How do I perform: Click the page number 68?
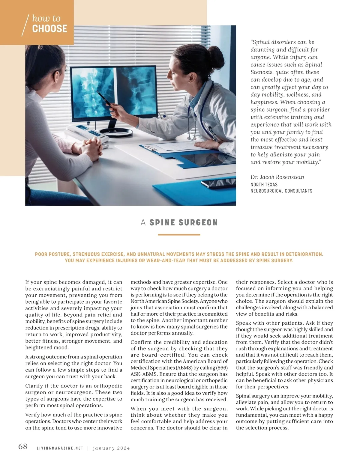(23, 447)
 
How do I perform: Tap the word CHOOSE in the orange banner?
(49, 29)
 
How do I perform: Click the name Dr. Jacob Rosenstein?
(277, 177)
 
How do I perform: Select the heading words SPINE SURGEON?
(183, 223)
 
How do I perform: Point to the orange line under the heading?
(179, 235)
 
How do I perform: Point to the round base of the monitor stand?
(116, 132)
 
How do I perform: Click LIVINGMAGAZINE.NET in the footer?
(60, 448)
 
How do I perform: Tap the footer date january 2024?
(111, 448)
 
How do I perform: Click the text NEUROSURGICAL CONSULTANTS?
(281, 191)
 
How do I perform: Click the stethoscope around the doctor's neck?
(192, 120)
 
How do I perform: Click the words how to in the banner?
(46, 19)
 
